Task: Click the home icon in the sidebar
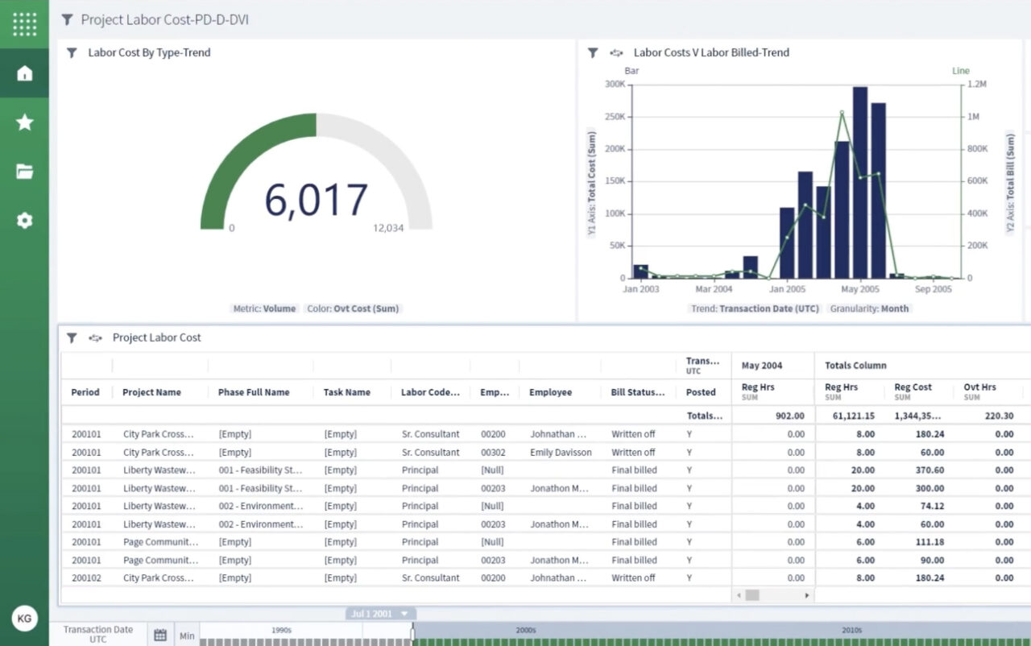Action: click(x=24, y=73)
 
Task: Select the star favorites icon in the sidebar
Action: click(x=24, y=122)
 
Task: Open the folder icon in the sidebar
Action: click(x=24, y=172)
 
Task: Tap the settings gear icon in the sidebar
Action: click(x=24, y=221)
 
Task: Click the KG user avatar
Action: click(x=24, y=619)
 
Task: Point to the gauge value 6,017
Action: click(x=316, y=201)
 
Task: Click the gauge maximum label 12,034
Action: click(x=388, y=228)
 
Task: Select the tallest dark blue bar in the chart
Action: click(x=860, y=183)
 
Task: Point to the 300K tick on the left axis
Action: click(x=615, y=84)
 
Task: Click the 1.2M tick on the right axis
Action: click(x=976, y=84)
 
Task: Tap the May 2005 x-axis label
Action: click(x=859, y=289)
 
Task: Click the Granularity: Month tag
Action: click(x=869, y=309)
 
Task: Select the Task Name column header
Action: click(x=347, y=392)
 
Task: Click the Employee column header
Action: click(x=550, y=392)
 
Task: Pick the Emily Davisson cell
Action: click(x=561, y=453)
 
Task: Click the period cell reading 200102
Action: click(x=86, y=578)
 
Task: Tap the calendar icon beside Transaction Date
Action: click(x=160, y=636)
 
